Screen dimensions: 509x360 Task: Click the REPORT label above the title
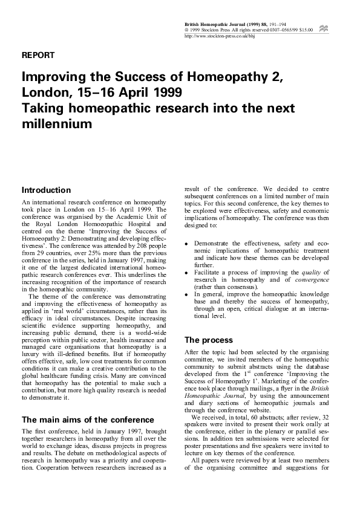[x=38, y=55]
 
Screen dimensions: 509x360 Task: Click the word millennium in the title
[x=57, y=124]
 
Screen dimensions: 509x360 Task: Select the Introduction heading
[x=46, y=190]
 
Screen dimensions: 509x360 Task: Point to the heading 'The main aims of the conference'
[x=88, y=420]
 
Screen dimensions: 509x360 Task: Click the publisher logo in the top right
[x=324, y=28]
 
